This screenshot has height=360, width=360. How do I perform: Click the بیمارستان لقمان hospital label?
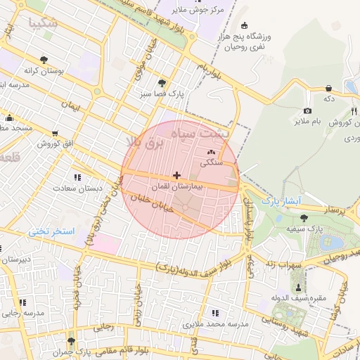(179, 188)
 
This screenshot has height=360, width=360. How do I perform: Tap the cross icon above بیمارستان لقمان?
(176, 175)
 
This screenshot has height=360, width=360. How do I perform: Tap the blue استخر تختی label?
(51, 231)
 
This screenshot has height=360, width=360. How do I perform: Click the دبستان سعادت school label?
(98, 188)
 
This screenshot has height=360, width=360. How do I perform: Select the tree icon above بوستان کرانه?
(45, 60)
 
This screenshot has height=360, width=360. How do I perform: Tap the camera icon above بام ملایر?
(307, 111)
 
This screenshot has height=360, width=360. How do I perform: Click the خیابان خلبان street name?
(148, 202)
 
